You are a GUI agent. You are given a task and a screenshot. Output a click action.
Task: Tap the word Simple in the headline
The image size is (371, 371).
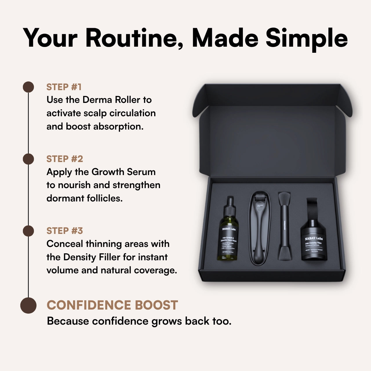click(x=306, y=38)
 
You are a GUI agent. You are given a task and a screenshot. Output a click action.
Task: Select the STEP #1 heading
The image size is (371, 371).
click(x=64, y=87)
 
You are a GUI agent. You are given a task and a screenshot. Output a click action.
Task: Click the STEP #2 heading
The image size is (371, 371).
click(x=65, y=159)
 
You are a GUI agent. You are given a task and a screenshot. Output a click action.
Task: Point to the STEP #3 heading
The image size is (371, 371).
click(x=65, y=231)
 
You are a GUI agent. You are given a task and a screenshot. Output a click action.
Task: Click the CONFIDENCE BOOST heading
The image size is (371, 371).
click(x=112, y=305)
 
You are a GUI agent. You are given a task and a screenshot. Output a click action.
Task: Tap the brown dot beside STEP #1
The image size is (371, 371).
click(x=28, y=87)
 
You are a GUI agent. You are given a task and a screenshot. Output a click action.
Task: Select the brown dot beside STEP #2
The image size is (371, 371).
click(x=28, y=159)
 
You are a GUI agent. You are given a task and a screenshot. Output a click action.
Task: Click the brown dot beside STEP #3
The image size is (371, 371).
click(x=28, y=231)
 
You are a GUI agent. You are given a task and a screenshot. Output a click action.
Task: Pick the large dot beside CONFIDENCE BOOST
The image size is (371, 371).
click(x=28, y=305)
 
